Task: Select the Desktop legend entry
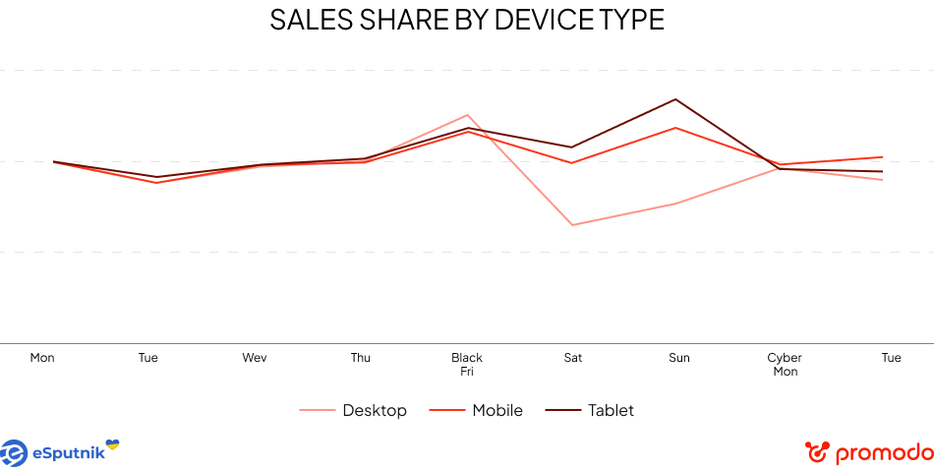tap(374, 411)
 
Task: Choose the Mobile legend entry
tap(497, 411)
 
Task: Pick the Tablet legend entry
tap(611, 411)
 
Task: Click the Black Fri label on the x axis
tap(467, 365)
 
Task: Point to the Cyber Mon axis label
tap(785, 365)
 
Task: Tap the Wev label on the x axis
tap(255, 358)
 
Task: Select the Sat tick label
tap(573, 358)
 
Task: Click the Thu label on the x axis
tap(361, 358)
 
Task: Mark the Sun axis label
tap(679, 358)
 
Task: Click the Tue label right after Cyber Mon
tap(891, 358)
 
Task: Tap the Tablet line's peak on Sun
tap(675, 99)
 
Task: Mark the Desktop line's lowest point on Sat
tap(571, 225)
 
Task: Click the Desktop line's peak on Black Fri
tap(468, 115)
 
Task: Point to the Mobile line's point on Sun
tap(675, 128)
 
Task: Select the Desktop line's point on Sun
tap(676, 204)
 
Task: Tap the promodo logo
tap(865, 453)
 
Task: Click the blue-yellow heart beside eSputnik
tap(112, 445)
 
